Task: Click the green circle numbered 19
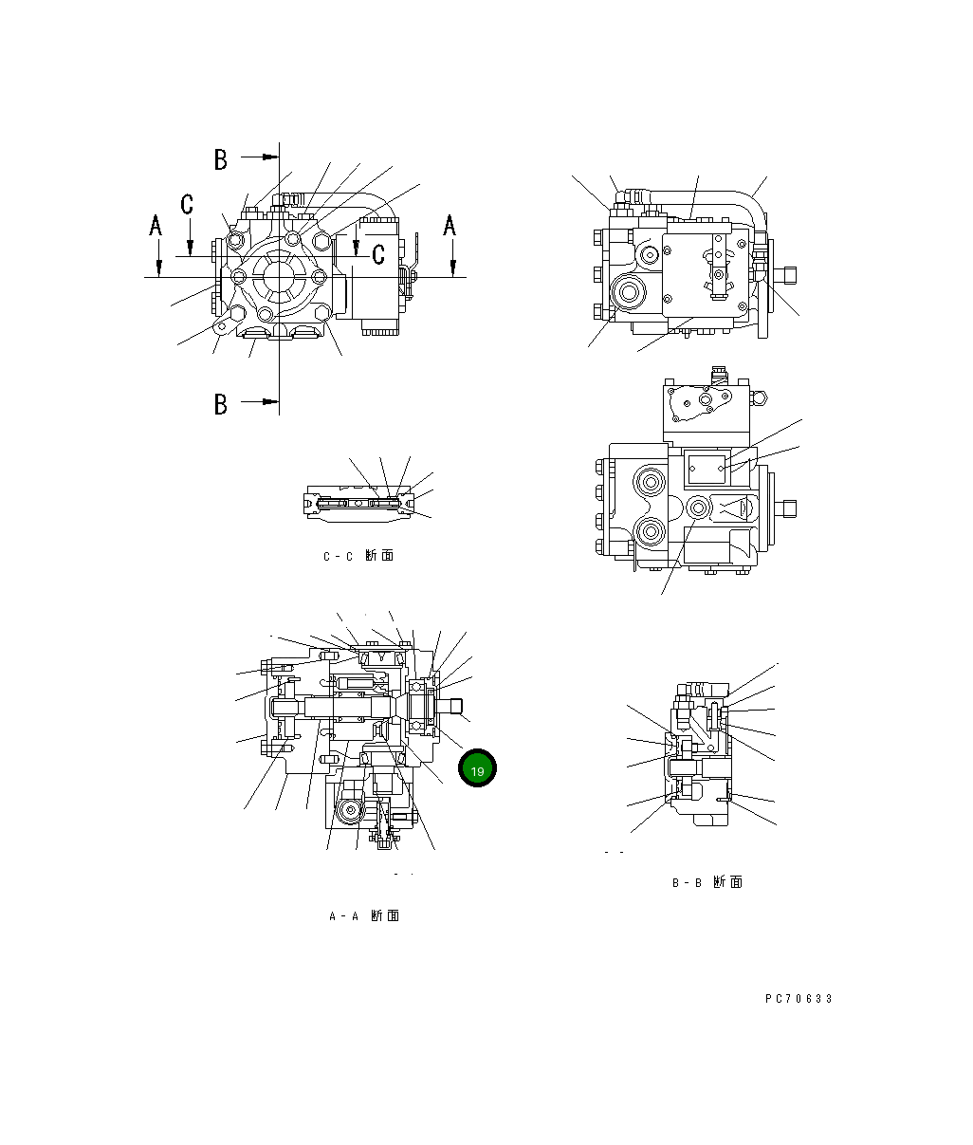click(477, 769)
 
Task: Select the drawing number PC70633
click(799, 998)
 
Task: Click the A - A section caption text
click(363, 915)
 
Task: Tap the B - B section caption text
click(707, 882)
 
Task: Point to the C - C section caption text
click(358, 556)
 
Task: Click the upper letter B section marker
click(220, 159)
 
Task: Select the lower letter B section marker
click(220, 404)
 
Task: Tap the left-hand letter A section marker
click(156, 225)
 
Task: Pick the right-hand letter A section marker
click(450, 225)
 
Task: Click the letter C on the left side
click(188, 204)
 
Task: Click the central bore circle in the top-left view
click(279, 276)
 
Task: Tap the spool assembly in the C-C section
click(358, 503)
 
